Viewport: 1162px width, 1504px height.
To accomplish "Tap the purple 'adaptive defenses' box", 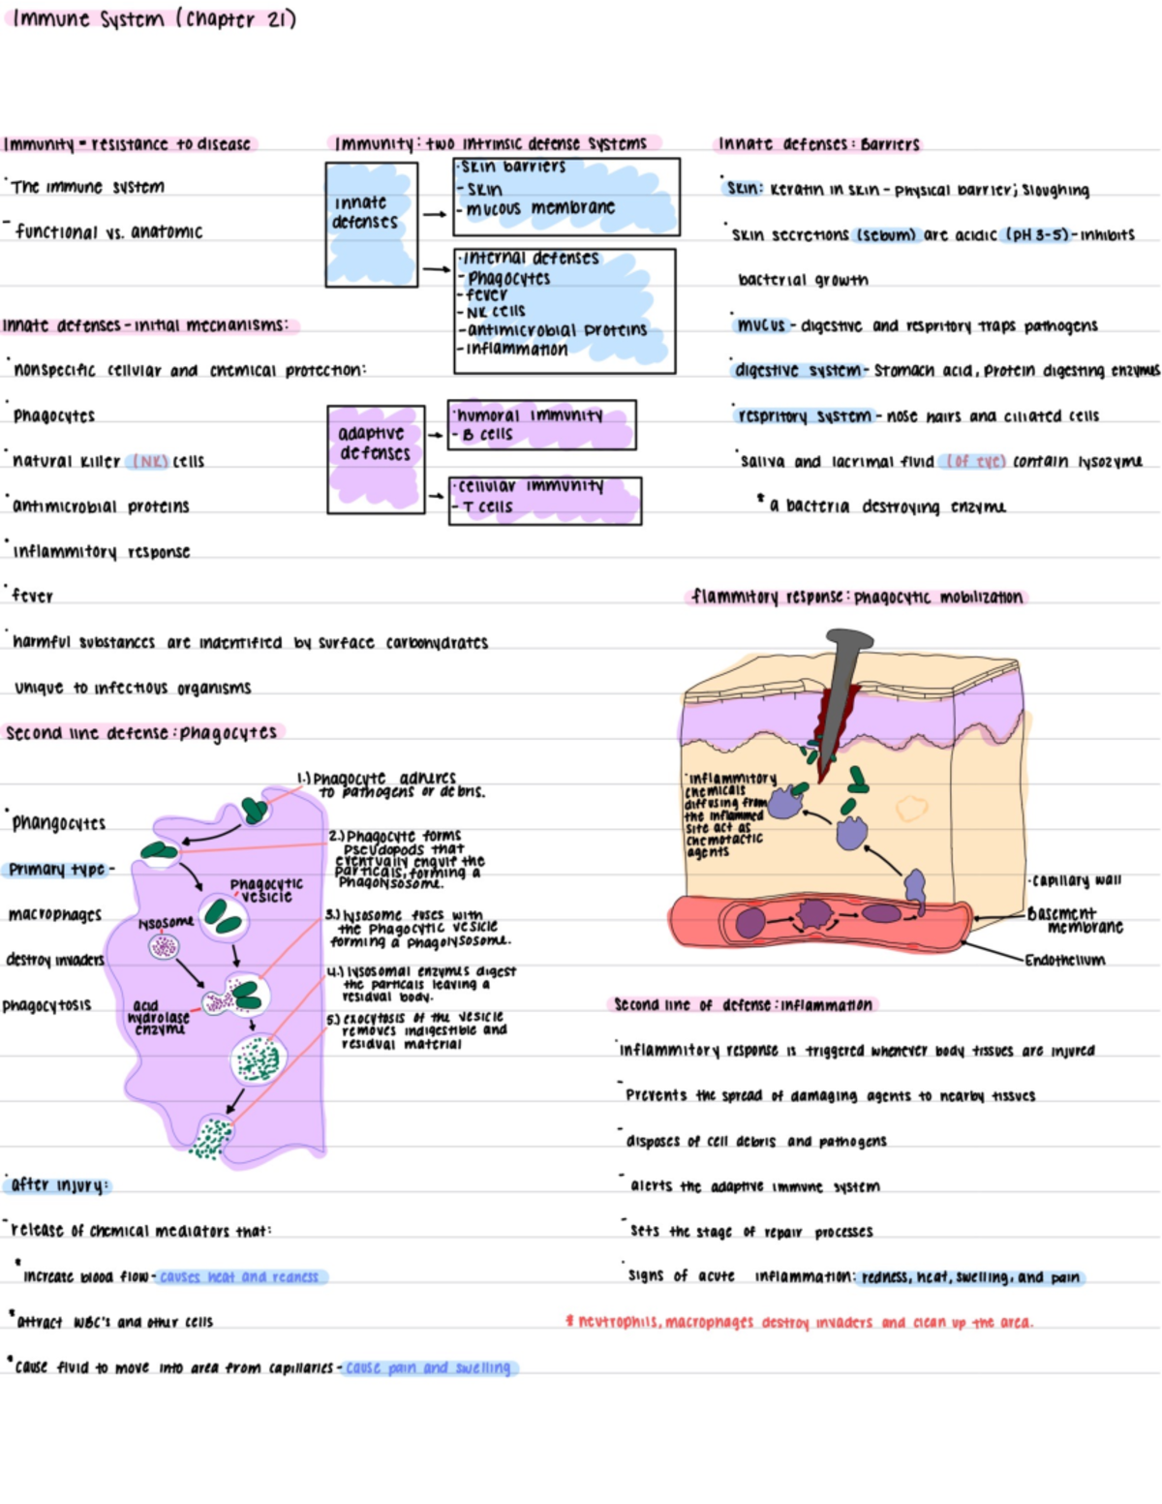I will (x=376, y=458).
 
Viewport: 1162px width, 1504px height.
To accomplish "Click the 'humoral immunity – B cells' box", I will (x=541, y=425).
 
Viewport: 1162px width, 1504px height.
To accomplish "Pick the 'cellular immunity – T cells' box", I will (x=544, y=500).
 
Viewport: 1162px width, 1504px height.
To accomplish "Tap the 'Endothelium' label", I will (x=1065, y=961).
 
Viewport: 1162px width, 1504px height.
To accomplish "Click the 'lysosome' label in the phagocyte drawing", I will (x=166, y=923).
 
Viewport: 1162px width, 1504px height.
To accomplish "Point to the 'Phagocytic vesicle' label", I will (x=266, y=890).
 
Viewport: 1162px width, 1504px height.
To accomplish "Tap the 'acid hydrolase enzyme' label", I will (x=159, y=1018).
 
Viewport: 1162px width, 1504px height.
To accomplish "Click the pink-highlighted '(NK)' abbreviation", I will (x=149, y=462).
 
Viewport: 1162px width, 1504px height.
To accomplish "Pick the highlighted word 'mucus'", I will (x=761, y=325).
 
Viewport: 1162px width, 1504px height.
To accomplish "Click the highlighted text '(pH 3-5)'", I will (x=1037, y=234).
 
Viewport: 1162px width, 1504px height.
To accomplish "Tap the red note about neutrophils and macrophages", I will (x=800, y=1322).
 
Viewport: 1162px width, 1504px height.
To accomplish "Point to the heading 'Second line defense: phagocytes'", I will (x=141, y=733).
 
